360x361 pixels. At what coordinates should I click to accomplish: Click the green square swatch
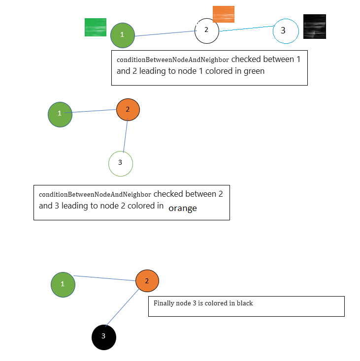[96, 27]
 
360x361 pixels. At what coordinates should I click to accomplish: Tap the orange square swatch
[224, 14]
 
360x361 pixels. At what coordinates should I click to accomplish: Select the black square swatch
[315, 27]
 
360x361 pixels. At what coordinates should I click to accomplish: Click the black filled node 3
[104, 337]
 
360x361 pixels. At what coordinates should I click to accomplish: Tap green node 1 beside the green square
[123, 35]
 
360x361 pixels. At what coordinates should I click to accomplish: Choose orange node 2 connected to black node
[147, 281]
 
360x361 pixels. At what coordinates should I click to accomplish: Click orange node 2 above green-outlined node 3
[128, 110]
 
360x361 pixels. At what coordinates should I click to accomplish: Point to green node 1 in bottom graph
[63, 285]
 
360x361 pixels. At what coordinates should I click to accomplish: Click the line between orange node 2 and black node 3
[122, 308]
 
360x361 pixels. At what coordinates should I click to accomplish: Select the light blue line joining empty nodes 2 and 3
[247, 29]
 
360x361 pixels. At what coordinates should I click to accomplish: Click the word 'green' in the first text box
[254, 71]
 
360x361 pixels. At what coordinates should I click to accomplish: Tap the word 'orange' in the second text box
[183, 208]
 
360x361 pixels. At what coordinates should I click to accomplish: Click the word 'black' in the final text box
[245, 303]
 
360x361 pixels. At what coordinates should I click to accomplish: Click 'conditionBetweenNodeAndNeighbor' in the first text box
[173, 60]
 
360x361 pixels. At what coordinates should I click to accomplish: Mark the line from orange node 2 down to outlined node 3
[126, 136]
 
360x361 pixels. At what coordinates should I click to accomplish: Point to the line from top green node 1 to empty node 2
[165, 33]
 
